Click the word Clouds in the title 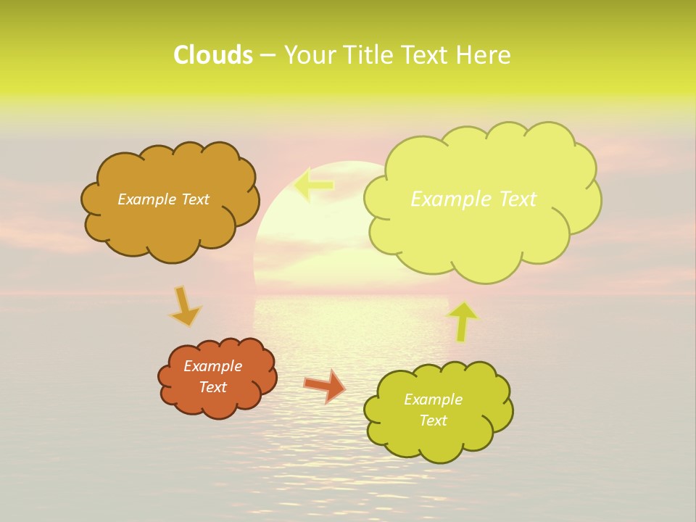pyautogui.click(x=213, y=55)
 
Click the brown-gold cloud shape pyautogui.click(x=171, y=225)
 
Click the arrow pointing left pyautogui.click(x=314, y=185)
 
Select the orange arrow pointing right pyautogui.click(x=324, y=385)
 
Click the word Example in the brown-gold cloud pyautogui.click(x=146, y=199)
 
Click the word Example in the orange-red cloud pyautogui.click(x=212, y=366)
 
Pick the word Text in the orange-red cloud pyautogui.click(x=212, y=387)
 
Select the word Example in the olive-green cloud pyautogui.click(x=433, y=399)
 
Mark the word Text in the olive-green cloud pyautogui.click(x=433, y=420)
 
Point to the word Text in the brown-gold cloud pyautogui.click(x=194, y=199)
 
